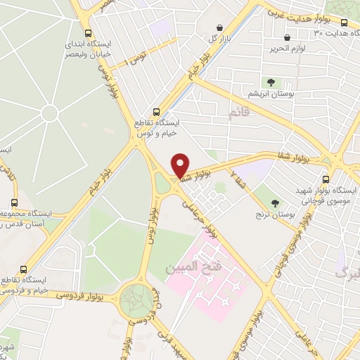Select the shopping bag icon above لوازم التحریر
[286, 38]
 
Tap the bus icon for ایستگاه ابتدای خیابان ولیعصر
[87, 33]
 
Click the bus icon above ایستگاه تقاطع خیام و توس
[157, 112]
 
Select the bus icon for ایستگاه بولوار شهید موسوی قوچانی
[325, 180]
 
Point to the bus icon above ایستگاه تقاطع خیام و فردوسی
[25, 269]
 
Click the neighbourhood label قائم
[240, 112]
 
